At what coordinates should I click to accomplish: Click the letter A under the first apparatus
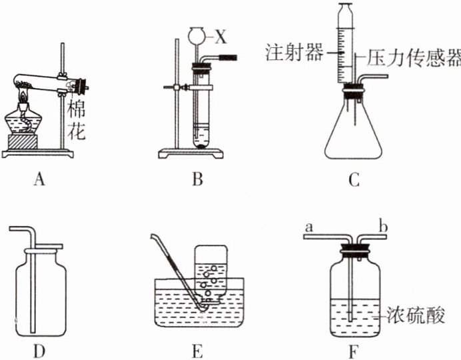click(x=41, y=179)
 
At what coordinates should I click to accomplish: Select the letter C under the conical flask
click(x=354, y=179)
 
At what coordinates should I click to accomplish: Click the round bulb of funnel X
click(x=198, y=33)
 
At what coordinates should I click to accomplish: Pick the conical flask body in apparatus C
click(x=353, y=133)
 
